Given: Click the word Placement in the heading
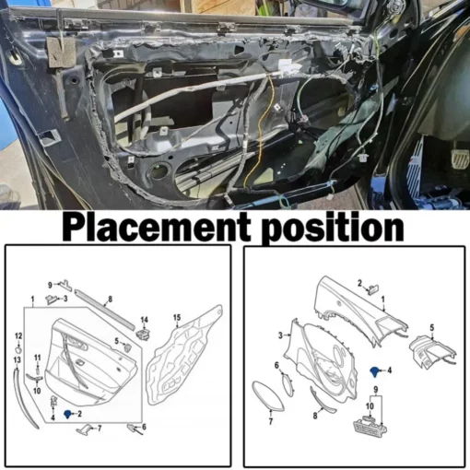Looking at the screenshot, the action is pos(157,228).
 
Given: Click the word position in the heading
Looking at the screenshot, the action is pos(333,229).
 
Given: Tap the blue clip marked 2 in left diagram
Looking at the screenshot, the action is pos(67,415).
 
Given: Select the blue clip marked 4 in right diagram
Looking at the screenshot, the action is pos(375,371).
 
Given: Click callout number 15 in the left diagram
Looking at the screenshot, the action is pos(177,318).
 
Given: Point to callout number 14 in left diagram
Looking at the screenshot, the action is pos(144,320).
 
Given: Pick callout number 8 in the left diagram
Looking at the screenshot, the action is pos(111,299).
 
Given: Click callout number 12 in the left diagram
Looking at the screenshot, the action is pos(18,336).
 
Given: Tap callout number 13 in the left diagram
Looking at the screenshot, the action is pos(18,359).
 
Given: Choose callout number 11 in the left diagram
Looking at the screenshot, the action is pos(37,358).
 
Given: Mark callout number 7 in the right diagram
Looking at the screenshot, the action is pos(271,421).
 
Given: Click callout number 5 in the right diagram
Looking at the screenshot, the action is pos(431,328).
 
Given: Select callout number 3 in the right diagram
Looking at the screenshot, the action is pos(280,335).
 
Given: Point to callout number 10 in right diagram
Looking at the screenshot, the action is pos(370,406).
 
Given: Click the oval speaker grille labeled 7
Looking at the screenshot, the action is pos(267,395).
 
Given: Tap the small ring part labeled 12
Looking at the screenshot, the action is pos(18,350).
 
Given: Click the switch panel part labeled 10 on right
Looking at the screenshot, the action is pos(370,426).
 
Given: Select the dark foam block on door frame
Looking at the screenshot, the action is pos(61,53).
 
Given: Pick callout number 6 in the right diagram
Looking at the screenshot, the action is pos(276,365).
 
